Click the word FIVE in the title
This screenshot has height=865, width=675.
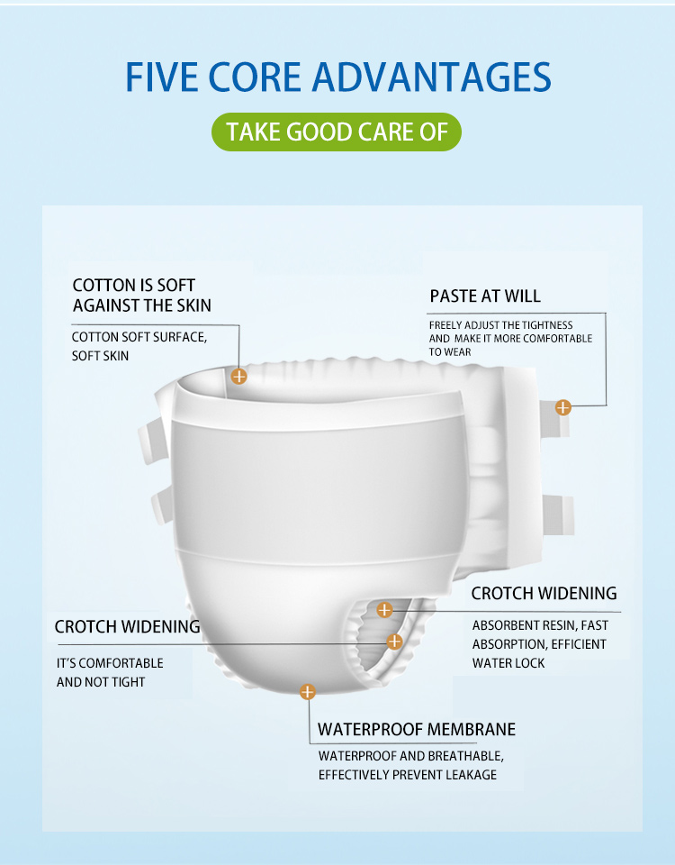click(160, 77)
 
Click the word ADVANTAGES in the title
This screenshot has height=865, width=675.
click(431, 77)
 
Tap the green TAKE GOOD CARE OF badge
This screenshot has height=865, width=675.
click(336, 132)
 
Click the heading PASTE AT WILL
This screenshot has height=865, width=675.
click(485, 296)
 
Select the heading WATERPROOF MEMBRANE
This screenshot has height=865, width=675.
click(417, 729)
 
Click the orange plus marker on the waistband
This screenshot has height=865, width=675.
click(238, 377)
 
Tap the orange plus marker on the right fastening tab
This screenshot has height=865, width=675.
click(562, 407)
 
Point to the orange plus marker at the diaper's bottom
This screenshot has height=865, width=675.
click(308, 691)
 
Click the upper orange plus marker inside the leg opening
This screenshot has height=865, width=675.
click(384, 610)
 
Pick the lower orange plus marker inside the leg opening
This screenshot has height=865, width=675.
click(394, 642)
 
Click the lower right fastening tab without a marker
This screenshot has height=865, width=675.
click(558, 514)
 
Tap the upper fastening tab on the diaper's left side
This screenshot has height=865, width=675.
click(153, 441)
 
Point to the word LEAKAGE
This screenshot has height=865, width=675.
click(471, 775)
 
